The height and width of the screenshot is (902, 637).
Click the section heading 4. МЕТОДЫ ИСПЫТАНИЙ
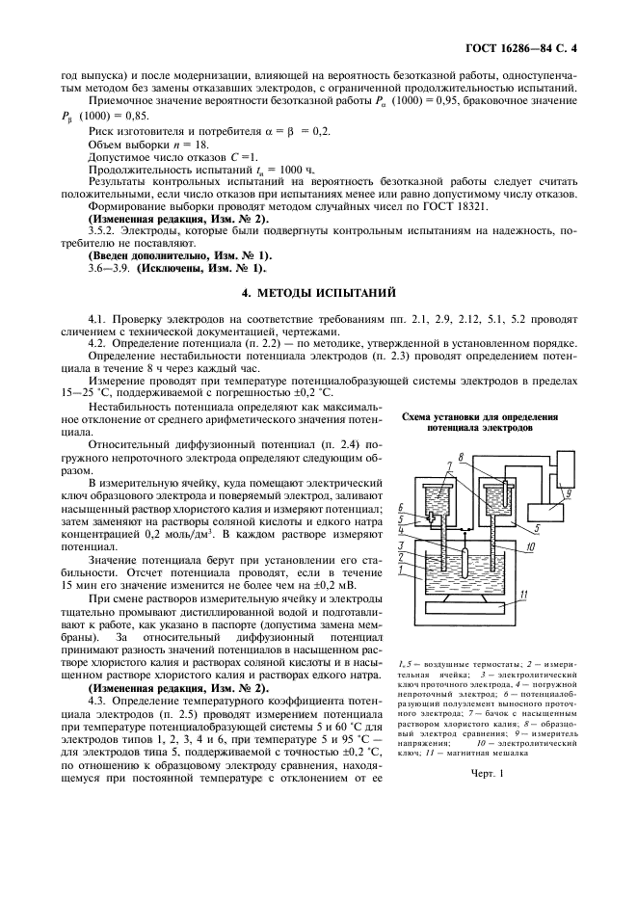pos(319,292)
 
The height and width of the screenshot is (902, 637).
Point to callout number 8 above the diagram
pos(462,457)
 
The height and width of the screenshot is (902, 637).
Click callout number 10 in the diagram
pos(528,545)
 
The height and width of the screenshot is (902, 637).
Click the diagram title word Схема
pos(414,416)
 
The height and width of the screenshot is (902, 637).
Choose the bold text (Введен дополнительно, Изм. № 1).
pos(179,256)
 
